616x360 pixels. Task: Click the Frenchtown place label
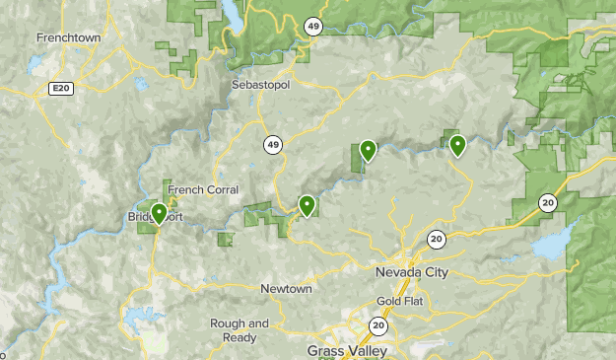pos(70,36)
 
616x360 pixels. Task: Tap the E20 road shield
pos(61,89)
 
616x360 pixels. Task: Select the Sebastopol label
pos(262,86)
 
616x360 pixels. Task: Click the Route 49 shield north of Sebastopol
pos(312,28)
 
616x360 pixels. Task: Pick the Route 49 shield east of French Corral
pos(272,145)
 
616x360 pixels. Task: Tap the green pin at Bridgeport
pos(159,211)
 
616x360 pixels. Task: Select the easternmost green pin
pos(457,145)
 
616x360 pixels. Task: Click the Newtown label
pos(286,289)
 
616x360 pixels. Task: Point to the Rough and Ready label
pos(240,329)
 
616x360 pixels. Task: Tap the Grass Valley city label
pos(347,350)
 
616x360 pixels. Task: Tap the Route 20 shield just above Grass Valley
pos(378,324)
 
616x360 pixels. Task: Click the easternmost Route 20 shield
pos(547,202)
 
